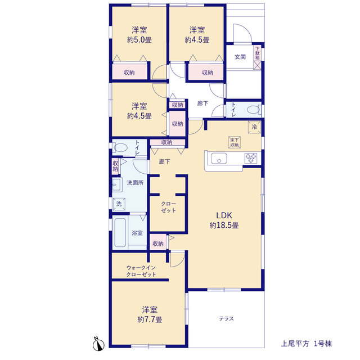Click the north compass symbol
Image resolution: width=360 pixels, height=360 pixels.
[x=98, y=344]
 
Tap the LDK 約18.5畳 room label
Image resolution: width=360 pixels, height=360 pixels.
[x=224, y=220]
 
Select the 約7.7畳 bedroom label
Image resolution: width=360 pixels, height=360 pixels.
[x=150, y=314]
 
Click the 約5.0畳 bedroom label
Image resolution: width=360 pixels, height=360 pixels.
[x=139, y=35]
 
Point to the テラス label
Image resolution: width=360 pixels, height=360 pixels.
[x=226, y=319]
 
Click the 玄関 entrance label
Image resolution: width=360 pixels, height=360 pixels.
[x=240, y=57]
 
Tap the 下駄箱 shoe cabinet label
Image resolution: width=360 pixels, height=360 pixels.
[x=258, y=53]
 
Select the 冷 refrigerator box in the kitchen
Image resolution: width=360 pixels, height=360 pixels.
[x=254, y=127]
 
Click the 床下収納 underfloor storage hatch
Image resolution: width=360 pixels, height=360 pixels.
[x=235, y=142]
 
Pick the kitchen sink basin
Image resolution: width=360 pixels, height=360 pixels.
[x=219, y=159]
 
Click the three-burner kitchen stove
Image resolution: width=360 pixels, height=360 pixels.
[x=251, y=158]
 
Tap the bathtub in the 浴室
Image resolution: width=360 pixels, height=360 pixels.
[x=120, y=232]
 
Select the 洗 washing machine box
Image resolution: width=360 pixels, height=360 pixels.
[x=119, y=204]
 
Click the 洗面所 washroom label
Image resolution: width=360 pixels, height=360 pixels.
[x=135, y=183]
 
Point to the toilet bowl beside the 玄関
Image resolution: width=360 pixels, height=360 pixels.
[x=253, y=110]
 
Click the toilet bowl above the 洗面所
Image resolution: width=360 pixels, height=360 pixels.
[x=120, y=147]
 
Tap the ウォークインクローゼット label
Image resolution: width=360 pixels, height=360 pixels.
[x=141, y=271]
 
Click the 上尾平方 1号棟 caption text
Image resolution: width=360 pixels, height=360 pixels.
[x=307, y=344]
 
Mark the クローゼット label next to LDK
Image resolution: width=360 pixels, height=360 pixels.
[x=169, y=207]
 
